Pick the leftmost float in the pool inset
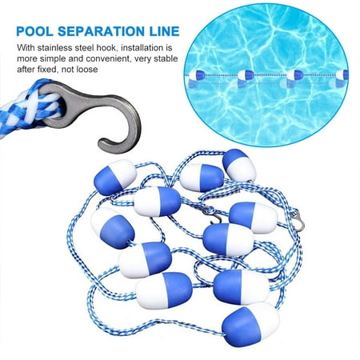[196, 76]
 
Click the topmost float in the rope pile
[239, 163]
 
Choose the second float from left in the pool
[247, 75]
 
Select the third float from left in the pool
[298, 75]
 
